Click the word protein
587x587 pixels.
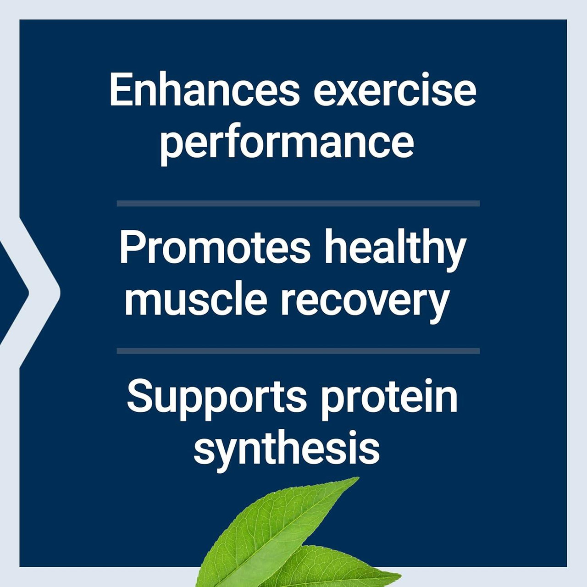pos(389,397)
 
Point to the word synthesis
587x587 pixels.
pos(287,448)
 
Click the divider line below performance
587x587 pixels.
pos(298,203)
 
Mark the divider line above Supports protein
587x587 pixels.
pos(298,351)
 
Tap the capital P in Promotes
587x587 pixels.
pos(130,248)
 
